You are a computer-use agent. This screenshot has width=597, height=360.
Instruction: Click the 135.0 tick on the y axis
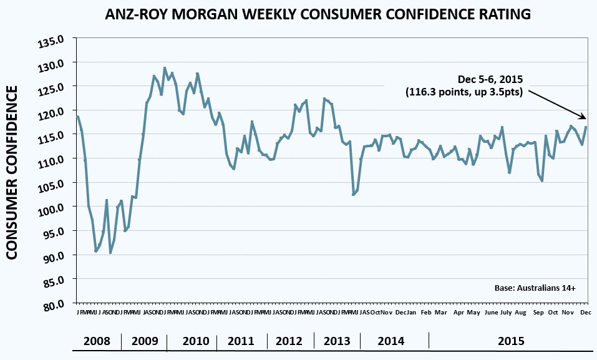pyautogui.click(x=52, y=41)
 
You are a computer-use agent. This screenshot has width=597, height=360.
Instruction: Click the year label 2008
pyautogui.click(x=97, y=341)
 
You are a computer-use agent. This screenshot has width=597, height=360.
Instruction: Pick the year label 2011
pyautogui.click(x=241, y=341)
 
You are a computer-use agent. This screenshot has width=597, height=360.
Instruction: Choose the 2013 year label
pyautogui.click(x=337, y=341)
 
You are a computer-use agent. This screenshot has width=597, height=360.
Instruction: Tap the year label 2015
pyautogui.click(x=511, y=341)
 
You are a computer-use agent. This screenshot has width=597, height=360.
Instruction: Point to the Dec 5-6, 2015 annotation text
pyautogui.click(x=490, y=80)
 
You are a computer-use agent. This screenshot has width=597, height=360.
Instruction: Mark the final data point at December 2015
pyautogui.click(x=586, y=127)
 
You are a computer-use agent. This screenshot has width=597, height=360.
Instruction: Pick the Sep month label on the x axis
pyautogui.click(x=538, y=312)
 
